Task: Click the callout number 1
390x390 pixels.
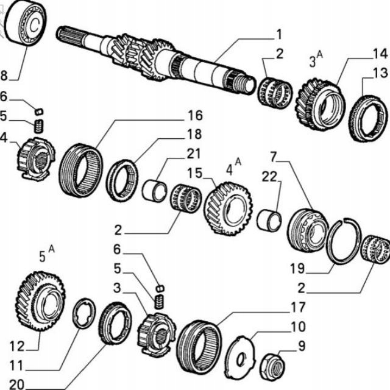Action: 278,34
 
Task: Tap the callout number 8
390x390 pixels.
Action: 4,76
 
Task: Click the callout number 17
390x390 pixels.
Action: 297,307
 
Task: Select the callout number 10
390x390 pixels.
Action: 297,327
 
